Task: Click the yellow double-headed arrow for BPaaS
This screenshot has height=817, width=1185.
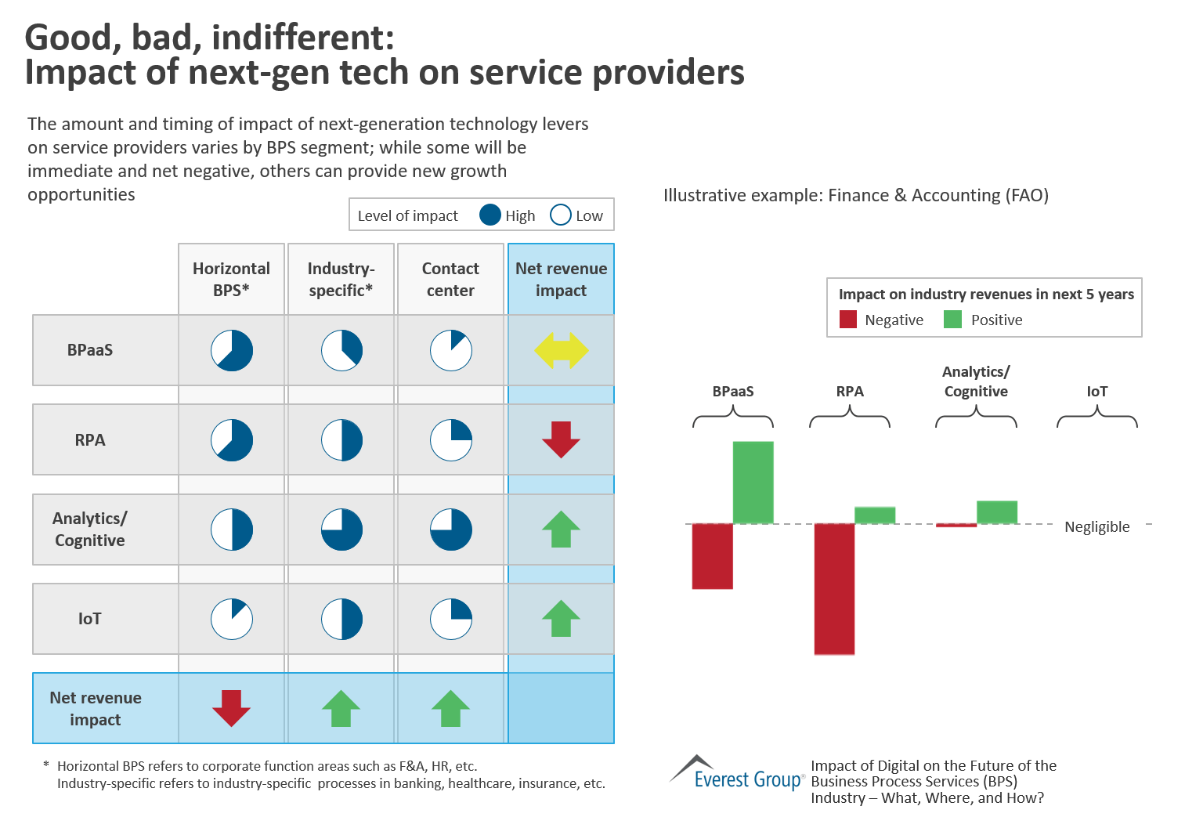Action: [x=561, y=350]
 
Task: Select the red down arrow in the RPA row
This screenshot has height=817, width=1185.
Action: [x=561, y=439]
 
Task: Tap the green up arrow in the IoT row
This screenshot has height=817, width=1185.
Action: [x=561, y=618]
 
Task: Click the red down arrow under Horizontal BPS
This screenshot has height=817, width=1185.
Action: [x=231, y=708]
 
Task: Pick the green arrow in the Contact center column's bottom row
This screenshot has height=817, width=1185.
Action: [x=450, y=708]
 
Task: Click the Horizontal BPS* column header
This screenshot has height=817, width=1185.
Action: [x=231, y=279]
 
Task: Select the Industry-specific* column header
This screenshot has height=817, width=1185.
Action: [x=341, y=279]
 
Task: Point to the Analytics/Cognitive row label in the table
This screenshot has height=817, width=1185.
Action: [x=89, y=530]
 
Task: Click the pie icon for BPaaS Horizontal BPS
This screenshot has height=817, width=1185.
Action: [x=232, y=350]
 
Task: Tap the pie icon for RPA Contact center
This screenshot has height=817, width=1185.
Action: [x=451, y=440]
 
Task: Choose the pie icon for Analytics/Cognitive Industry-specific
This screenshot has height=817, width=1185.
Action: [x=341, y=530]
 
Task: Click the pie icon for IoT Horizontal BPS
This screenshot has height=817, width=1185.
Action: [x=232, y=619]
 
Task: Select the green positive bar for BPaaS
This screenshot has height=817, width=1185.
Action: [x=753, y=482]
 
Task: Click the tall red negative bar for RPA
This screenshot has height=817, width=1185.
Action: [x=834, y=588]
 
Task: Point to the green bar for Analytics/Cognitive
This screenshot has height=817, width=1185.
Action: [x=996, y=512]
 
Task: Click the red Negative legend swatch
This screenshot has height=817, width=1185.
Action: [x=847, y=320]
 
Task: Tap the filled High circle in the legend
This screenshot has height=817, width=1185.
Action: [x=490, y=215]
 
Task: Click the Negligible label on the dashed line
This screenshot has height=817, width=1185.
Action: [x=1096, y=527]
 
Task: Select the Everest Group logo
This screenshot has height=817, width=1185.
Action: [x=736, y=773]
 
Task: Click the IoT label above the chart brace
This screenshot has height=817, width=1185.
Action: [x=1096, y=392]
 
